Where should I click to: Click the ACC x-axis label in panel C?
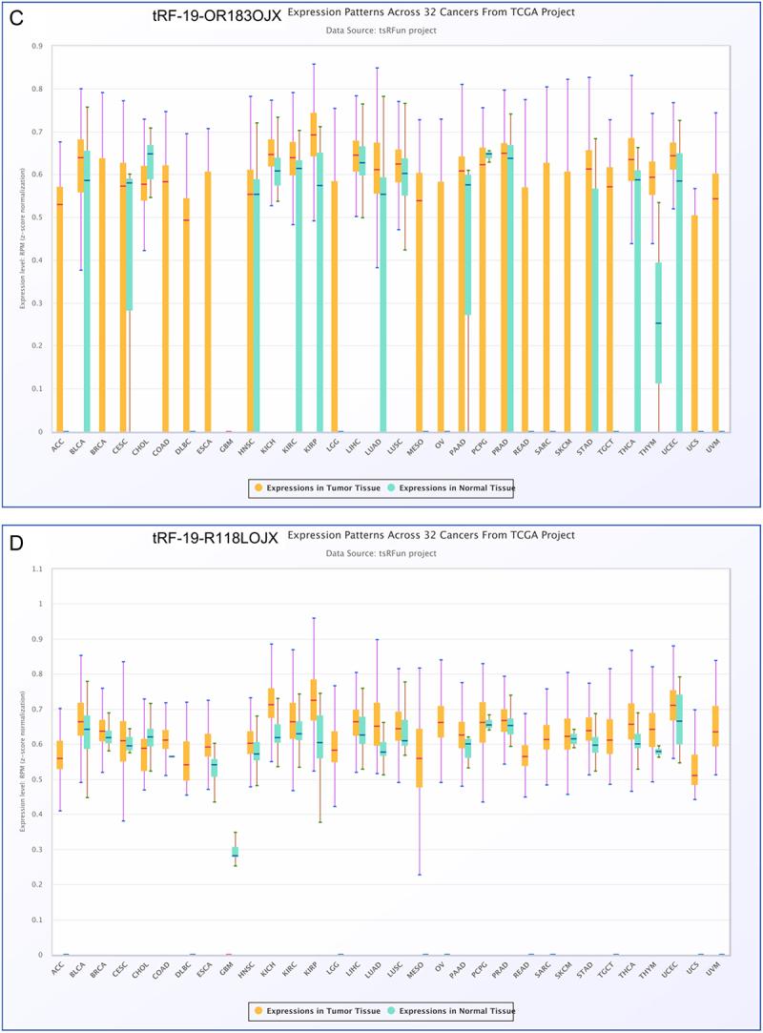[58, 444]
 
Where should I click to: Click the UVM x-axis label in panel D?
[719, 966]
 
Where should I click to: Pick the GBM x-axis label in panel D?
[227, 966]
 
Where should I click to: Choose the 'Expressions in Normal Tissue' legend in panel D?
[457, 1010]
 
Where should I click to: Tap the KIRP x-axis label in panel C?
[313, 444]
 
